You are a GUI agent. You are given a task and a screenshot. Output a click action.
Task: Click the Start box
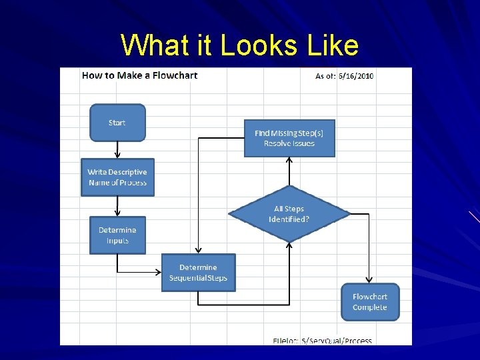click(x=117, y=123)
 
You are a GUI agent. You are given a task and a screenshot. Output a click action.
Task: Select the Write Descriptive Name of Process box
click(x=117, y=177)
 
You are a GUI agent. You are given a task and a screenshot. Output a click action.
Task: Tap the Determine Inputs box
click(x=117, y=235)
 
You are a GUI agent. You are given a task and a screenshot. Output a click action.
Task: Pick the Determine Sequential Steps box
click(x=198, y=273)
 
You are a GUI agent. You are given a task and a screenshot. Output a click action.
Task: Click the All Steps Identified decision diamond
click(x=289, y=214)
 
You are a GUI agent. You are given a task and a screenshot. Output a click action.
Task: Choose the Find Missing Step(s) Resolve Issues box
click(x=289, y=138)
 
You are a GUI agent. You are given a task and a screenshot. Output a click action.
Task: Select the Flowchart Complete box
click(x=370, y=302)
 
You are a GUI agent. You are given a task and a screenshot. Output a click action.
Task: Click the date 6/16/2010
click(x=357, y=76)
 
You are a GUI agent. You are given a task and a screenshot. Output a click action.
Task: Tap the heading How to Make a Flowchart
click(x=140, y=75)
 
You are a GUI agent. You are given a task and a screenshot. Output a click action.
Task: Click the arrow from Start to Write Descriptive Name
click(x=117, y=149)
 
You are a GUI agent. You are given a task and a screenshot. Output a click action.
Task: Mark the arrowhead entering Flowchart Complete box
click(x=369, y=281)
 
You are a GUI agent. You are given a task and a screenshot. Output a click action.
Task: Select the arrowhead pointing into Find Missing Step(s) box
click(x=289, y=160)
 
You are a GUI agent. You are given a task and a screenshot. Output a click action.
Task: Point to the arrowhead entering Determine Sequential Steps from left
click(x=158, y=272)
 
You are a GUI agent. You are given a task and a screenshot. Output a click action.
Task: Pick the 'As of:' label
click(x=325, y=76)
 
